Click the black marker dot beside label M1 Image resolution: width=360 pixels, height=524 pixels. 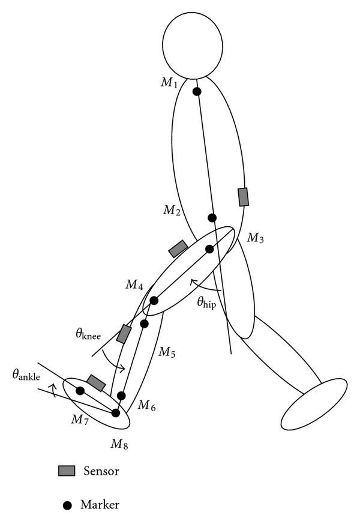coord(196,92)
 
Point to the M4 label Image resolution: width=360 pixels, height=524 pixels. coord(134,284)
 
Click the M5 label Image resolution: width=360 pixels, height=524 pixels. coord(166,352)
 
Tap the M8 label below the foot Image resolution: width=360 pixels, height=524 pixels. coord(119,444)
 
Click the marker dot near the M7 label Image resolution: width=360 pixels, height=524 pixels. coord(80,391)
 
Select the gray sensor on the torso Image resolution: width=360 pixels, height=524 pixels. coord(243,197)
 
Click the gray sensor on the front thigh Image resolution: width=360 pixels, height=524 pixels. coord(178,248)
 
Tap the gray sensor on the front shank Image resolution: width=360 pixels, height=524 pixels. coord(124,334)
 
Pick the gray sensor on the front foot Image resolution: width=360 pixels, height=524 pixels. coord(96,382)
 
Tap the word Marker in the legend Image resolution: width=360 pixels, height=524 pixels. coord(100,504)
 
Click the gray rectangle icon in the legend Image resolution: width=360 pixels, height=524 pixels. coord(66,471)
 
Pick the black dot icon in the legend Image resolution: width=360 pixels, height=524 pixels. coord(68,505)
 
